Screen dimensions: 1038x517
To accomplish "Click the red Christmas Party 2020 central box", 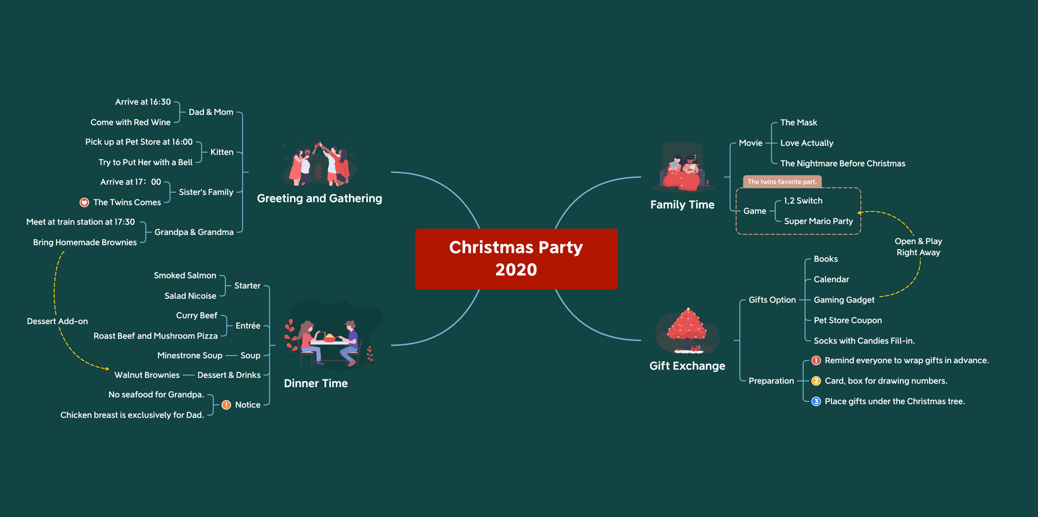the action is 516,258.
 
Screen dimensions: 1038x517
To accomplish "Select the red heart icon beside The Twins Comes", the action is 84,202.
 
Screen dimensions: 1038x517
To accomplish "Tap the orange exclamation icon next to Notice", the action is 226,405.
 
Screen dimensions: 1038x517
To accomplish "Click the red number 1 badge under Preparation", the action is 816,360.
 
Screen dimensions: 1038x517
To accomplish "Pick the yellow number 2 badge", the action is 816,381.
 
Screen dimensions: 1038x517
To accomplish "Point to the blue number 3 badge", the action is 816,401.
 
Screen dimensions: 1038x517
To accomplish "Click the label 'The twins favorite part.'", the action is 782,182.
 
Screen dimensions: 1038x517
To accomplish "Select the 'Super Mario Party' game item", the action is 818,221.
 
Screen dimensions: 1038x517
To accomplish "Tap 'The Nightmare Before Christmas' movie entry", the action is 843,163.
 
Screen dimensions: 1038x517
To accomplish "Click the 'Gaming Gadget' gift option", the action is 844,300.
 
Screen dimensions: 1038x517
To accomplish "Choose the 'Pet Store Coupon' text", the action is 848,320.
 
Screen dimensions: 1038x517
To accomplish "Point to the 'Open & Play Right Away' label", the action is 919,247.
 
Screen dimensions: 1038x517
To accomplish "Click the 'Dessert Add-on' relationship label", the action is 57,321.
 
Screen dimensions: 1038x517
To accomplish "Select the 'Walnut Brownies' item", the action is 147,375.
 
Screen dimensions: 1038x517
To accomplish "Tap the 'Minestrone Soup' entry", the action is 190,355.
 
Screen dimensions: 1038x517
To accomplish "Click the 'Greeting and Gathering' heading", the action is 319,199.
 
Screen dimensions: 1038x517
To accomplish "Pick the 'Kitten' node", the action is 222,152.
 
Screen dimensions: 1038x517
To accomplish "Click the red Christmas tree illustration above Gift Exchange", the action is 687,331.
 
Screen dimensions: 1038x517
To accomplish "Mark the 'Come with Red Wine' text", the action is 131,122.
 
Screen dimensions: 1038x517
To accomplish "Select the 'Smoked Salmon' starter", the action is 185,275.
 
